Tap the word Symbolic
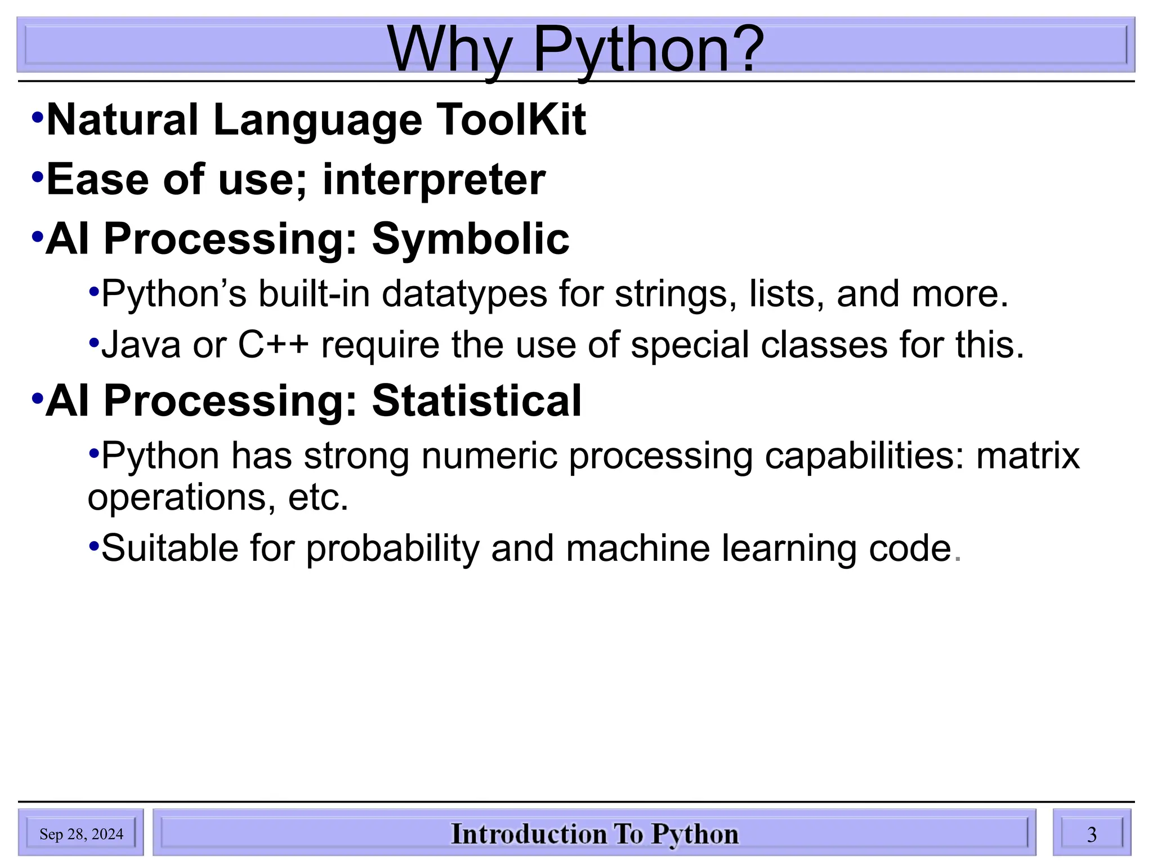coord(470,239)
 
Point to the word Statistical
coord(476,401)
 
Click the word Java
coord(141,345)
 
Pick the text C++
coord(273,345)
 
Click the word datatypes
coord(464,295)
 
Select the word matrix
coord(1027,456)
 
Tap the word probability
coord(392,549)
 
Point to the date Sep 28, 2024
coord(81,834)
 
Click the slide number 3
coord(1091,835)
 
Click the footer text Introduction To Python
coord(595,834)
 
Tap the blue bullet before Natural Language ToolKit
coord(38,118)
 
